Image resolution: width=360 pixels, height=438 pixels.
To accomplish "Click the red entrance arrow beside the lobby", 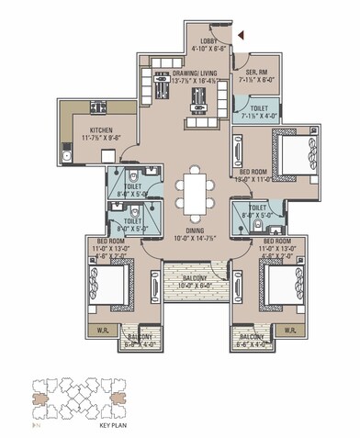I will [241, 34].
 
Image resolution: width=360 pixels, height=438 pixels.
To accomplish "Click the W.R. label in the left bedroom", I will [103, 330].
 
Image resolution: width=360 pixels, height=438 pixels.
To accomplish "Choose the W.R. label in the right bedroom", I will [290, 330].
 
